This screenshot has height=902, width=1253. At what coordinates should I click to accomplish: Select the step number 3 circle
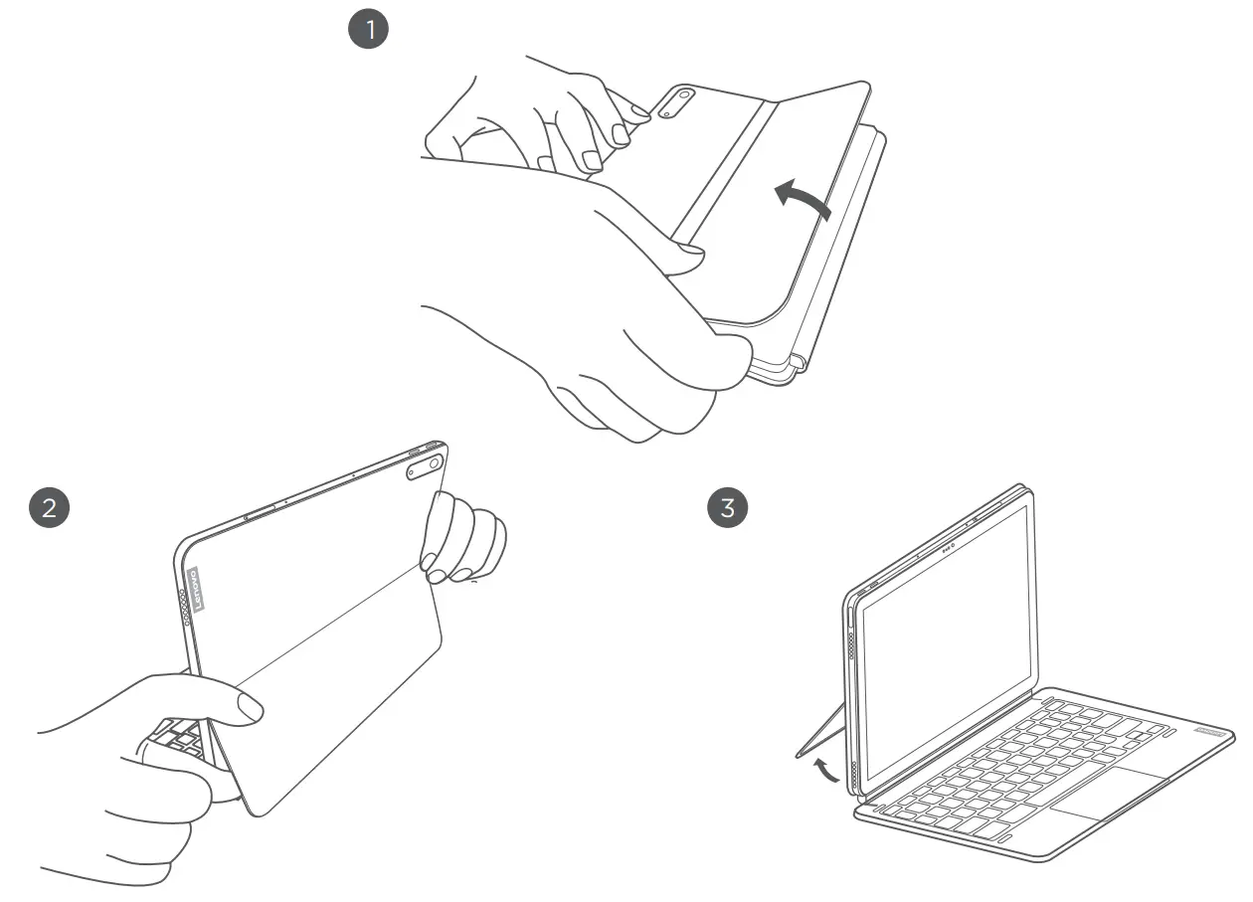727,507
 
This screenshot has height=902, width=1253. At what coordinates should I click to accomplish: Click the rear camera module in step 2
426,467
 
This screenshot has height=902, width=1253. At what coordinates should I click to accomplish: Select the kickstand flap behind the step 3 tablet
820,731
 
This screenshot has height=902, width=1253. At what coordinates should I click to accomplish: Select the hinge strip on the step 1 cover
723,169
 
